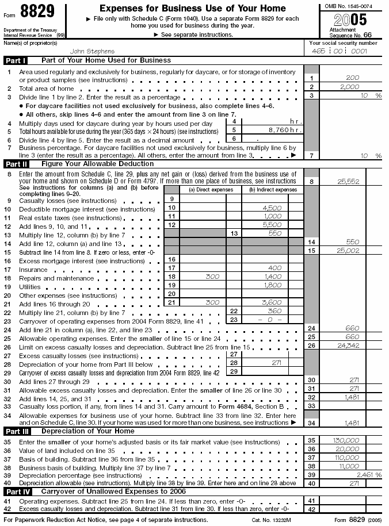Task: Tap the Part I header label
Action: coord(16,60)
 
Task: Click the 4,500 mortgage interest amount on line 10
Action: coord(271,208)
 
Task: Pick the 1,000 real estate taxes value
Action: coord(271,216)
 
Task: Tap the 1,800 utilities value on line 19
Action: coord(271,285)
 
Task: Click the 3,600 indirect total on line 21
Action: coord(271,302)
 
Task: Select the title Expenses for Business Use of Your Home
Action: coord(192,9)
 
